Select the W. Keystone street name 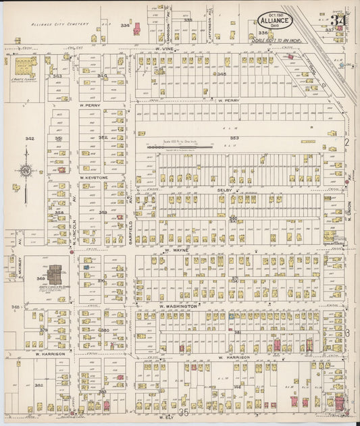[x=91, y=178]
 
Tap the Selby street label [x=224, y=190]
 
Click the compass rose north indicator [x=26, y=171]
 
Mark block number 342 [x=29, y=138]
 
